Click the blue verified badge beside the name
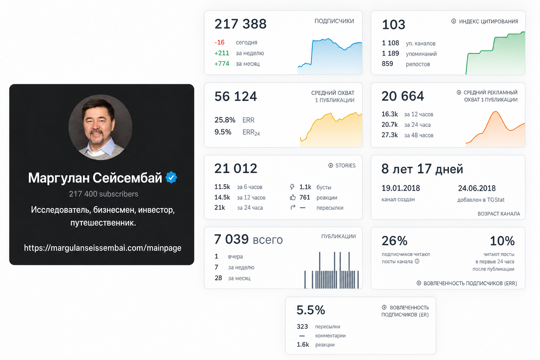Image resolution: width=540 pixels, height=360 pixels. pos(171,178)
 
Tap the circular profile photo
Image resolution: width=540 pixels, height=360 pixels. pos(101,127)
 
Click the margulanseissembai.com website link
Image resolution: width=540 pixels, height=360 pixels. pos(103,248)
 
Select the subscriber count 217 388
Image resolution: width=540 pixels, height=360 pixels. pos(240,24)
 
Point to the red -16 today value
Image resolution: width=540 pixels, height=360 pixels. pos(219,43)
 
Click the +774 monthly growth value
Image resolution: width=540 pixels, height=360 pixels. pos(222,64)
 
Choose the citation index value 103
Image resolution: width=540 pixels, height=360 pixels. pos(394,25)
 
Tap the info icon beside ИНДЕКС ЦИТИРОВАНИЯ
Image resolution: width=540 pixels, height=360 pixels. pos(454,21)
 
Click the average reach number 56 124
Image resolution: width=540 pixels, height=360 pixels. pos(236,96)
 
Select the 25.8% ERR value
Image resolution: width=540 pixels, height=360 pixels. pos(225,120)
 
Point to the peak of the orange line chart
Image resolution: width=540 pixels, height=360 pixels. pos(496,111)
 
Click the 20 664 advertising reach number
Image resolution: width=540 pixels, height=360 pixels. pos(403,96)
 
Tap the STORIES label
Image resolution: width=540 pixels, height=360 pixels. pos(346,166)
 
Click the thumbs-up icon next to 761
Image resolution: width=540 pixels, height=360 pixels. pos(292,198)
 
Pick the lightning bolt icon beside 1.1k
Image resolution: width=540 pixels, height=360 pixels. pos(292,187)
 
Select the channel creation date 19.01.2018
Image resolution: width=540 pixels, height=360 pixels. pos(401,188)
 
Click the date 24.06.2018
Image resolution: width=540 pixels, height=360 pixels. pos(477,188)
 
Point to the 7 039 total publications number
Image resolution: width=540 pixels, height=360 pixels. pos(231,239)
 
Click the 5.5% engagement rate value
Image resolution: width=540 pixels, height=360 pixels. pos(311,310)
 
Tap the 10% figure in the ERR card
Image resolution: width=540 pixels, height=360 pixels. pos(502,241)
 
